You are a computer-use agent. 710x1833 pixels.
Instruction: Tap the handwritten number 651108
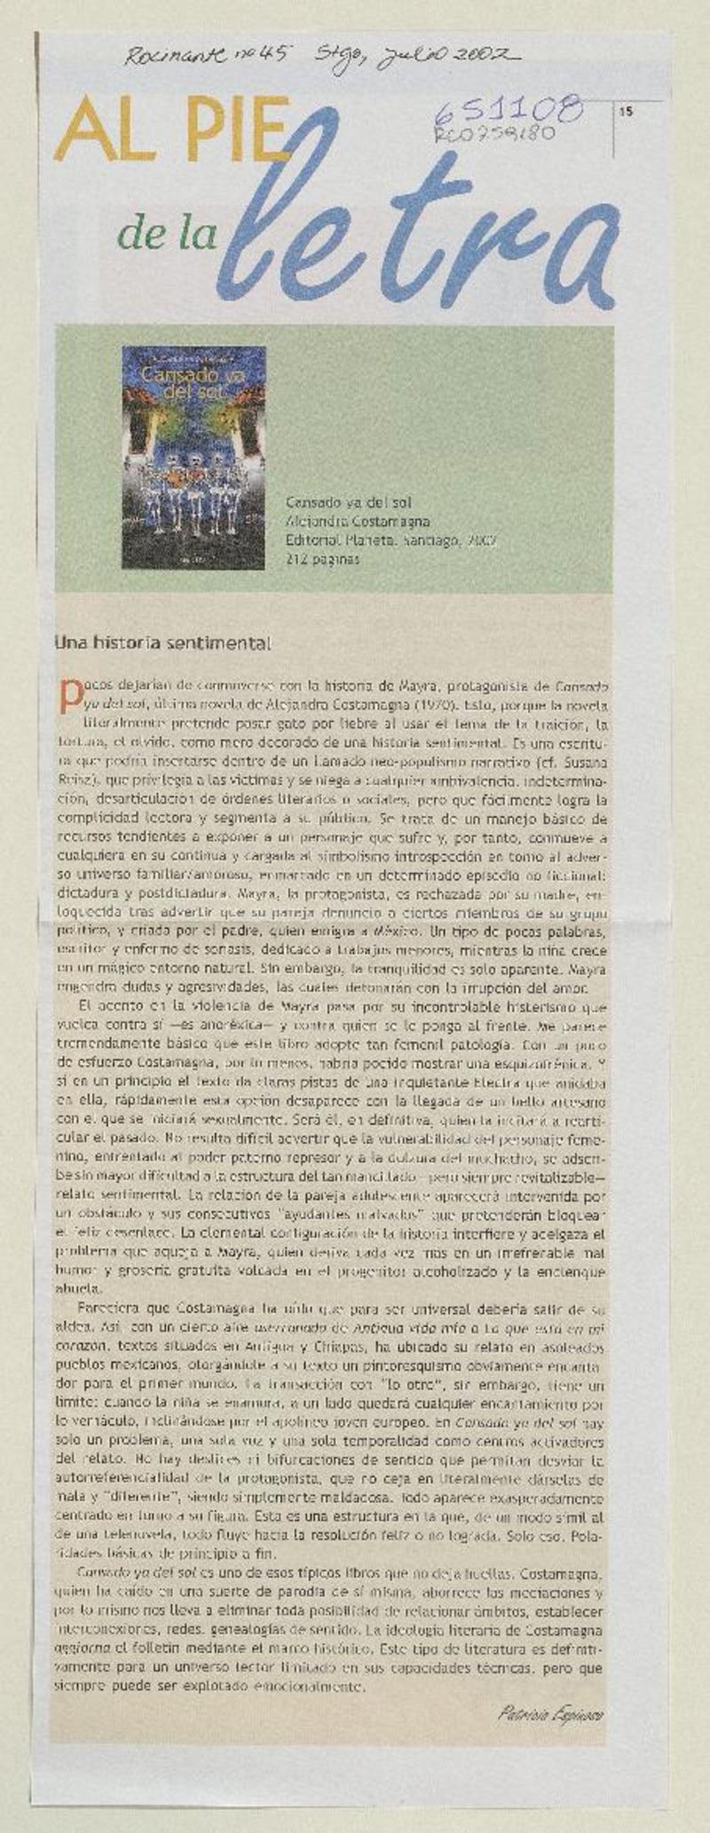tap(509, 111)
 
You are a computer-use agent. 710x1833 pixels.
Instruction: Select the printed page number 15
tap(627, 112)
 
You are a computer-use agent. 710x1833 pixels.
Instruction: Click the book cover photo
tap(193, 457)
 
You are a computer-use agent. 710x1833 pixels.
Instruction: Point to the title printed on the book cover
tap(193, 382)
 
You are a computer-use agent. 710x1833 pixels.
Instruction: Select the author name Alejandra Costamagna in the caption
tap(357, 522)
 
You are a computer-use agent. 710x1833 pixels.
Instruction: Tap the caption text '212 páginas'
tap(323, 559)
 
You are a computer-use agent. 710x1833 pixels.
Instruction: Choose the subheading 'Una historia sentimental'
tap(162, 642)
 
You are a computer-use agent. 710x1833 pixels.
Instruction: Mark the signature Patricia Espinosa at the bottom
tap(550, 1713)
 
